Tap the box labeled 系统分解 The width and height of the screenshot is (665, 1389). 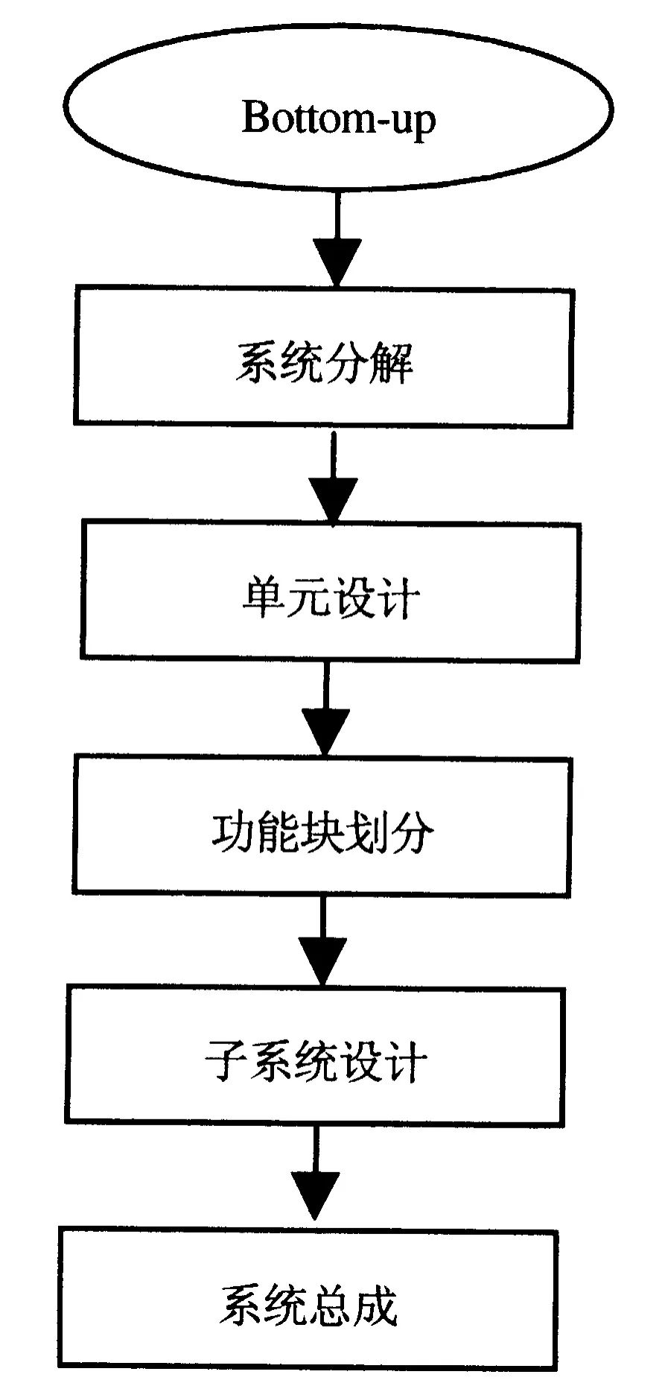tap(324, 358)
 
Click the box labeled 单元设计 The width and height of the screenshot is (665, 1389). tap(330, 592)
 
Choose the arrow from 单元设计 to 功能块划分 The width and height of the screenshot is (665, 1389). tap(325, 711)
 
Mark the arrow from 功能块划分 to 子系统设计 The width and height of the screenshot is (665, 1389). tap(322, 943)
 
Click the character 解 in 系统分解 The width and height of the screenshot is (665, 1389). tap(391, 363)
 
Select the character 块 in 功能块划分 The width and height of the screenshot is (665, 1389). tap(322, 831)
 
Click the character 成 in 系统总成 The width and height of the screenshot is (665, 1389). tap(375, 1305)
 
